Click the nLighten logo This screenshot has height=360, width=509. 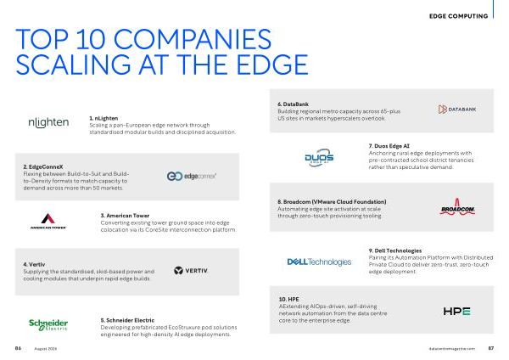48,122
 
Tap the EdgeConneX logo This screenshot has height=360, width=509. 192,176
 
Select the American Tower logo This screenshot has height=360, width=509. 48,221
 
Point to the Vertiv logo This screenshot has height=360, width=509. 191,270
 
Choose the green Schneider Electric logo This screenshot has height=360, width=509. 48,324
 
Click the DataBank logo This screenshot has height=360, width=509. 457,110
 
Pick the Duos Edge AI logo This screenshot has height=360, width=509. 319,158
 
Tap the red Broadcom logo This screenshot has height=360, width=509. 457,207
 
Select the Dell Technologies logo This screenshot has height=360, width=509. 319,262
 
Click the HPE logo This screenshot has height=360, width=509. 456,312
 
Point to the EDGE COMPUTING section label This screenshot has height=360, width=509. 458,16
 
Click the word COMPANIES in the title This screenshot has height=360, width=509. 193,39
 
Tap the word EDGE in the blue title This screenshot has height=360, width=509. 272,65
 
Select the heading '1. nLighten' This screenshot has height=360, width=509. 103,118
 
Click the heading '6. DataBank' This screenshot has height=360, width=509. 293,104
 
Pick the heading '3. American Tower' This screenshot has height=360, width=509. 125,216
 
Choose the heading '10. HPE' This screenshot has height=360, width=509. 289,299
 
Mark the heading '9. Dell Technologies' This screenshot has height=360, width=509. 395,250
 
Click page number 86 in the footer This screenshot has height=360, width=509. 18,348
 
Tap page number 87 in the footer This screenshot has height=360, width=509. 491,348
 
